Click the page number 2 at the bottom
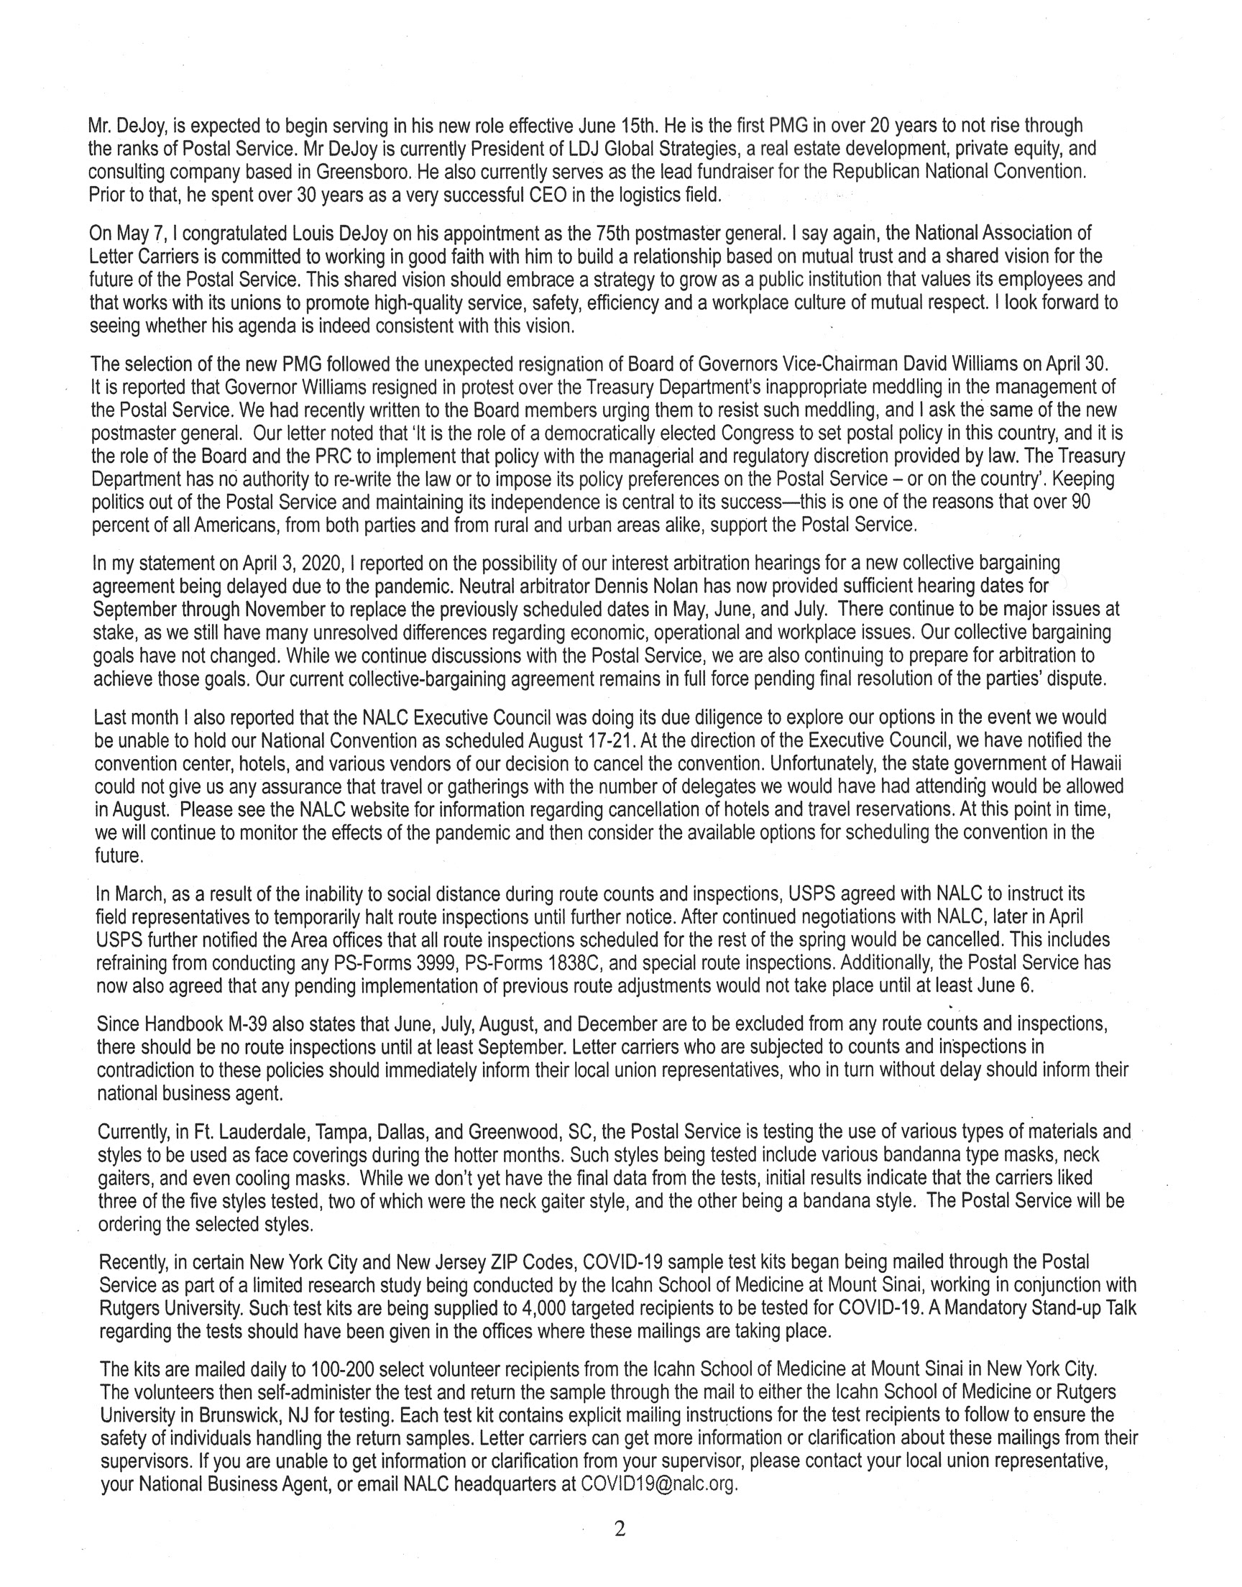tap(620, 1529)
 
